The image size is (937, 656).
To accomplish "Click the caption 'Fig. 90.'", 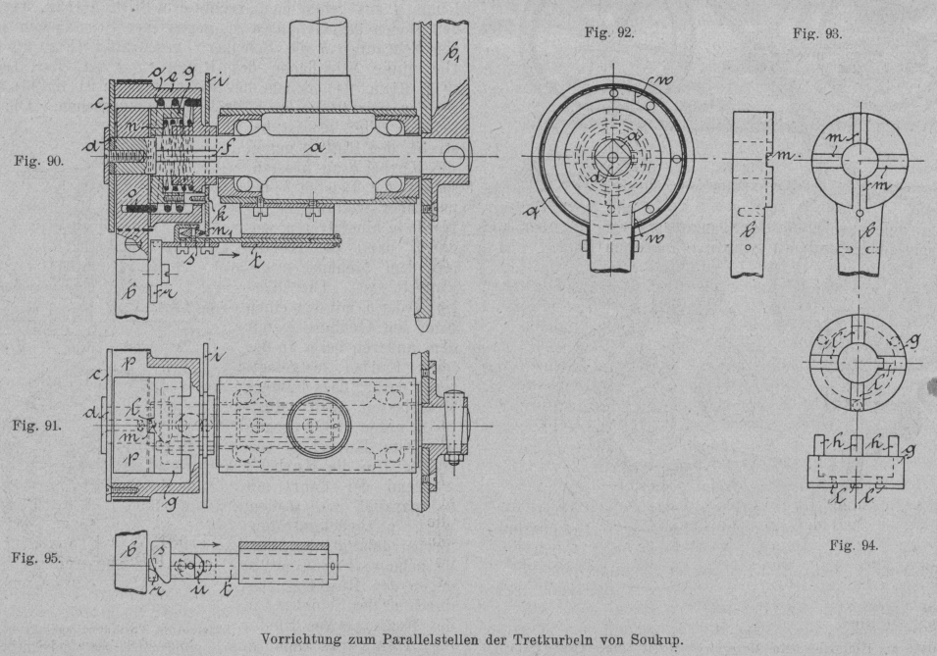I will tap(37, 161).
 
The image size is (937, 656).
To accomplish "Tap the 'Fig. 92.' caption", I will tap(608, 32).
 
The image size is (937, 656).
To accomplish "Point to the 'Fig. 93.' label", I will tap(817, 32).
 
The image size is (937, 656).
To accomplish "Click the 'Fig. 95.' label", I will tap(37, 559).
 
